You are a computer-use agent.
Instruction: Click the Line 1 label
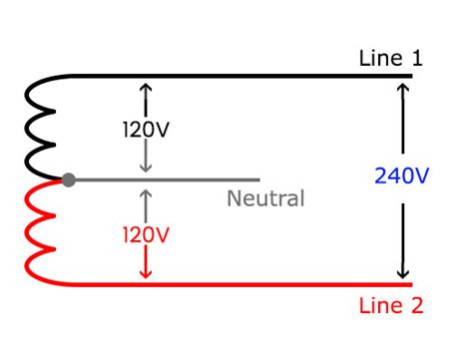pyautogui.click(x=390, y=59)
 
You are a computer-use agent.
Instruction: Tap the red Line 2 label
pyautogui.click(x=390, y=306)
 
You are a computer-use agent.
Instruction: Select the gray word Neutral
pyautogui.click(x=264, y=198)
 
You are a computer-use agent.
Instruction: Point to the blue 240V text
pyautogui.click(x=401, y=177)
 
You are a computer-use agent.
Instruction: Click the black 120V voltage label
pyautogui.click(x=147, y=130)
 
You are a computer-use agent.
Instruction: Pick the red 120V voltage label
pyautogui.click(x=147, y=235)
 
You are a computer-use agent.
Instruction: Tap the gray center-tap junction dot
pyautogui.click(x=68, y=180)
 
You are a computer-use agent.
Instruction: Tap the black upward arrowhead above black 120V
pyautogui.click(x=147, y=87)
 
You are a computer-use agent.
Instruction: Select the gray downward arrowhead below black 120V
pyautogui.click(x=147, y=169)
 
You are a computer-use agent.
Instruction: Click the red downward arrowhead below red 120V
pyautogui.click(x=147, y=274)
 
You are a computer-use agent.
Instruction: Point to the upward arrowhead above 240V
pyautogui.click(x=402, y=88)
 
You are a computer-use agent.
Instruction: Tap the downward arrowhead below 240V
pyautogui.click(x=402, y=273)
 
